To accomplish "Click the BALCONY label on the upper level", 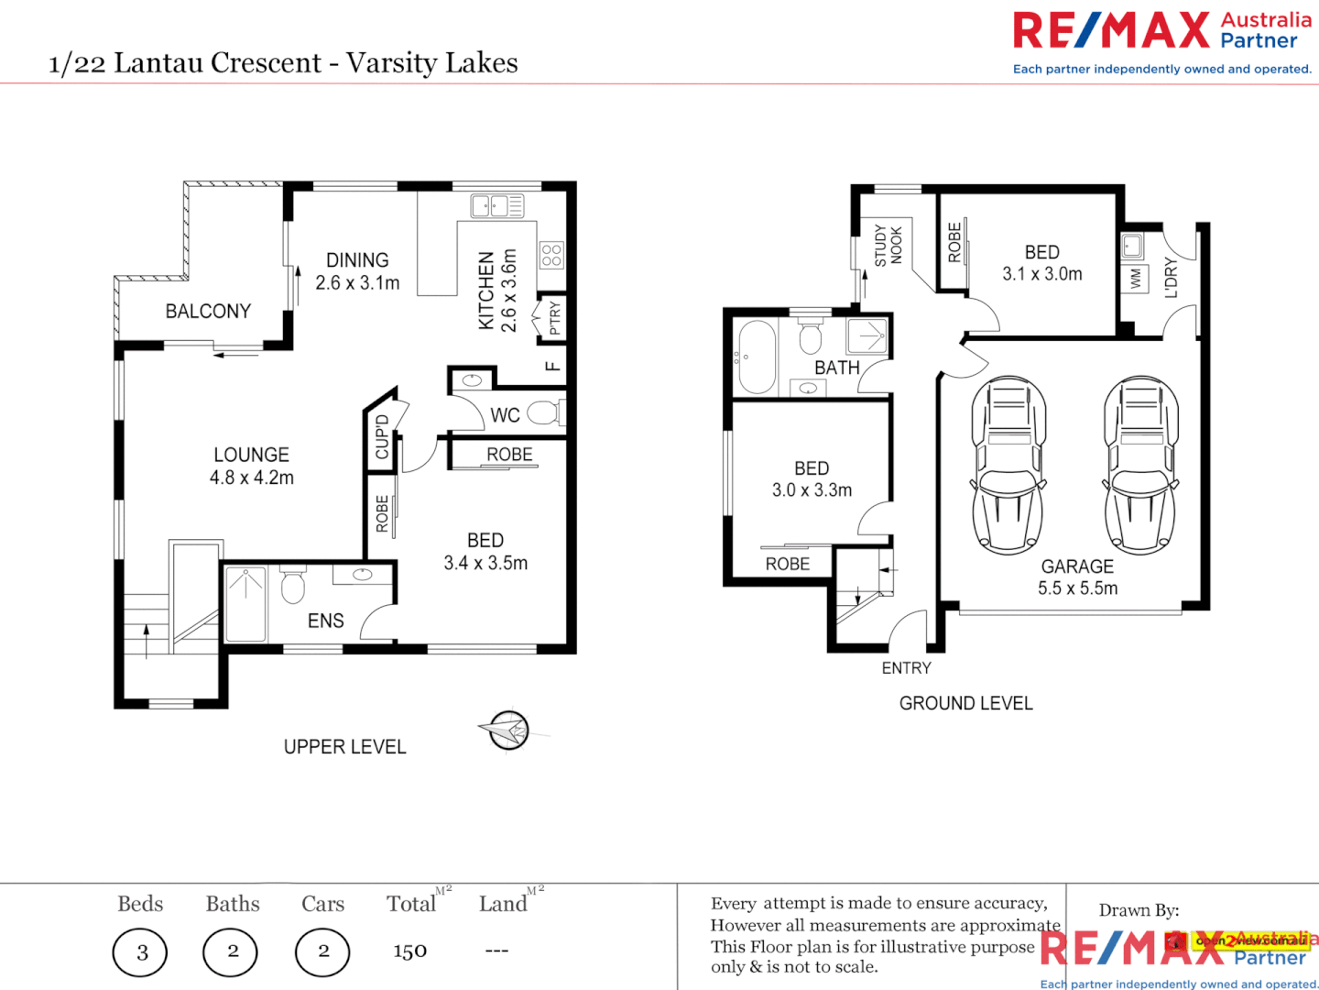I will pos(208,312).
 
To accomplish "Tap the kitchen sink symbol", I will pos(496,205).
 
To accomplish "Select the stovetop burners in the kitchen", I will pos(551,255).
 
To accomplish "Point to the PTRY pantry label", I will pos(554,319).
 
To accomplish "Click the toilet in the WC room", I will pos(543,413).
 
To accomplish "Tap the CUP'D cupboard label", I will pos(382,436).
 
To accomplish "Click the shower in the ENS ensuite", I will pos(245,603).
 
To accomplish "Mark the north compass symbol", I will pos(508,731).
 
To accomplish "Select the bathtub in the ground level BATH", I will pos(757,357).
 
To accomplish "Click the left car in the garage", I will pos(1008,465).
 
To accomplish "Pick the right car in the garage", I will pos(1140,465).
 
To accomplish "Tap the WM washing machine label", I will pos(1136,278).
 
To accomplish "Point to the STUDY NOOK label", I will pos(888,246).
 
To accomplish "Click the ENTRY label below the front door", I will pos(906,668).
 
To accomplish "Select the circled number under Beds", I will pos(141,952).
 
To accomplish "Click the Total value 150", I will pos(409,951).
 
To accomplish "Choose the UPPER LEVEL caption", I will pos(344,747).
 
